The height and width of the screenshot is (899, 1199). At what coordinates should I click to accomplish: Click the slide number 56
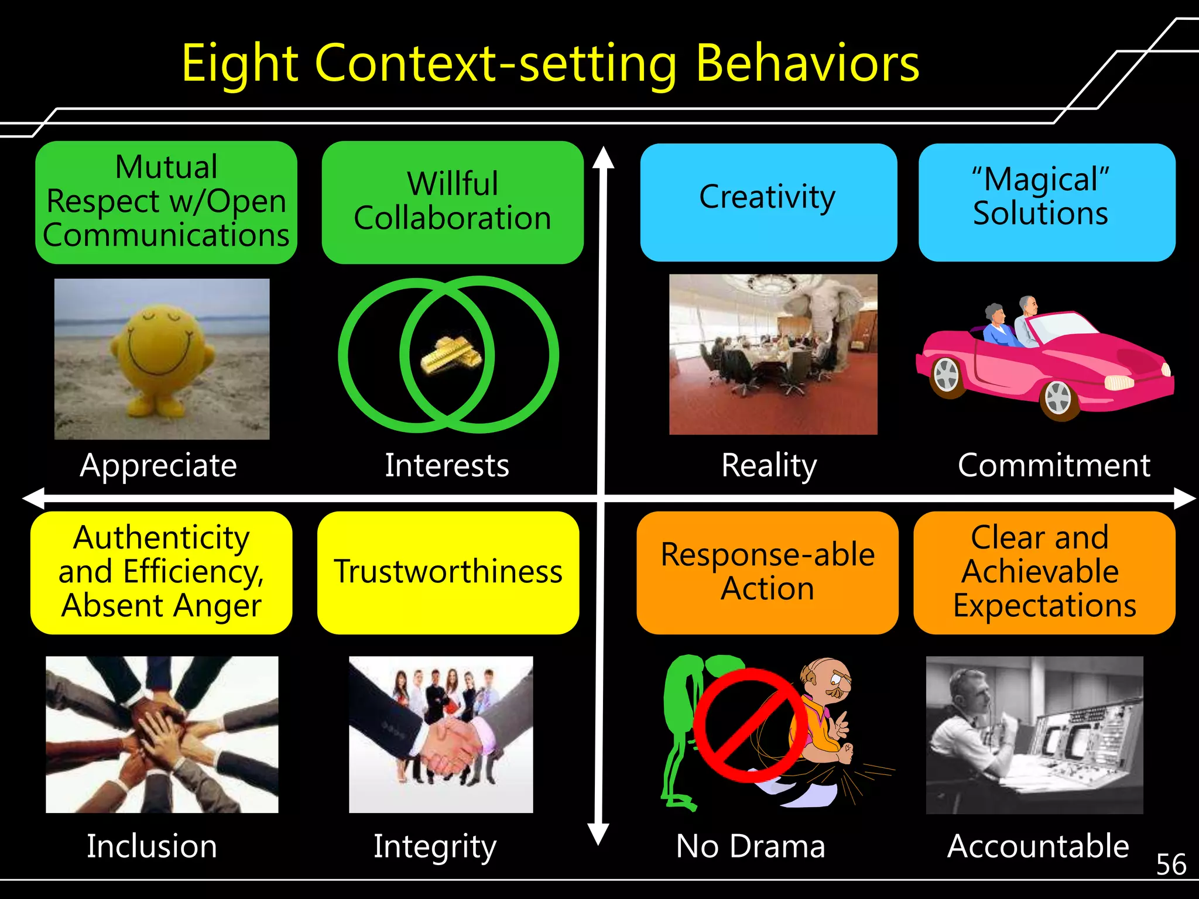pos(1171,864)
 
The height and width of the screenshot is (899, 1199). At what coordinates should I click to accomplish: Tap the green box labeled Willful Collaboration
pos(453,202)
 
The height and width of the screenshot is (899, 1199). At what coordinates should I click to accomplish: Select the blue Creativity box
pos(768,202)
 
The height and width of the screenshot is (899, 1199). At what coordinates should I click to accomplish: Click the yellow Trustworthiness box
pos(448,572)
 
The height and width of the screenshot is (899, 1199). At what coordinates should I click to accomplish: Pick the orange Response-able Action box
pos(768,572)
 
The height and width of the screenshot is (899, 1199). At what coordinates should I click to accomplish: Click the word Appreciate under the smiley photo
pos(159,466)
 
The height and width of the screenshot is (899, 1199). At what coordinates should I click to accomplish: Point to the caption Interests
pos(447,466)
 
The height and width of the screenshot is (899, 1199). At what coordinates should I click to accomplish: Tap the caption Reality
pos(769,466)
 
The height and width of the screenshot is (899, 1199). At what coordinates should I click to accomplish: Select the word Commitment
pos(1054,466)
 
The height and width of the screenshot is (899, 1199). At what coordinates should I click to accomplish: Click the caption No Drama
pos(751,846)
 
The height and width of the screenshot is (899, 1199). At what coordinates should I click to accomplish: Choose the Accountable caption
pos(1038,846)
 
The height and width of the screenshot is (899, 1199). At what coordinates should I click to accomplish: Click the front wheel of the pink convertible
pos(1058,399)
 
